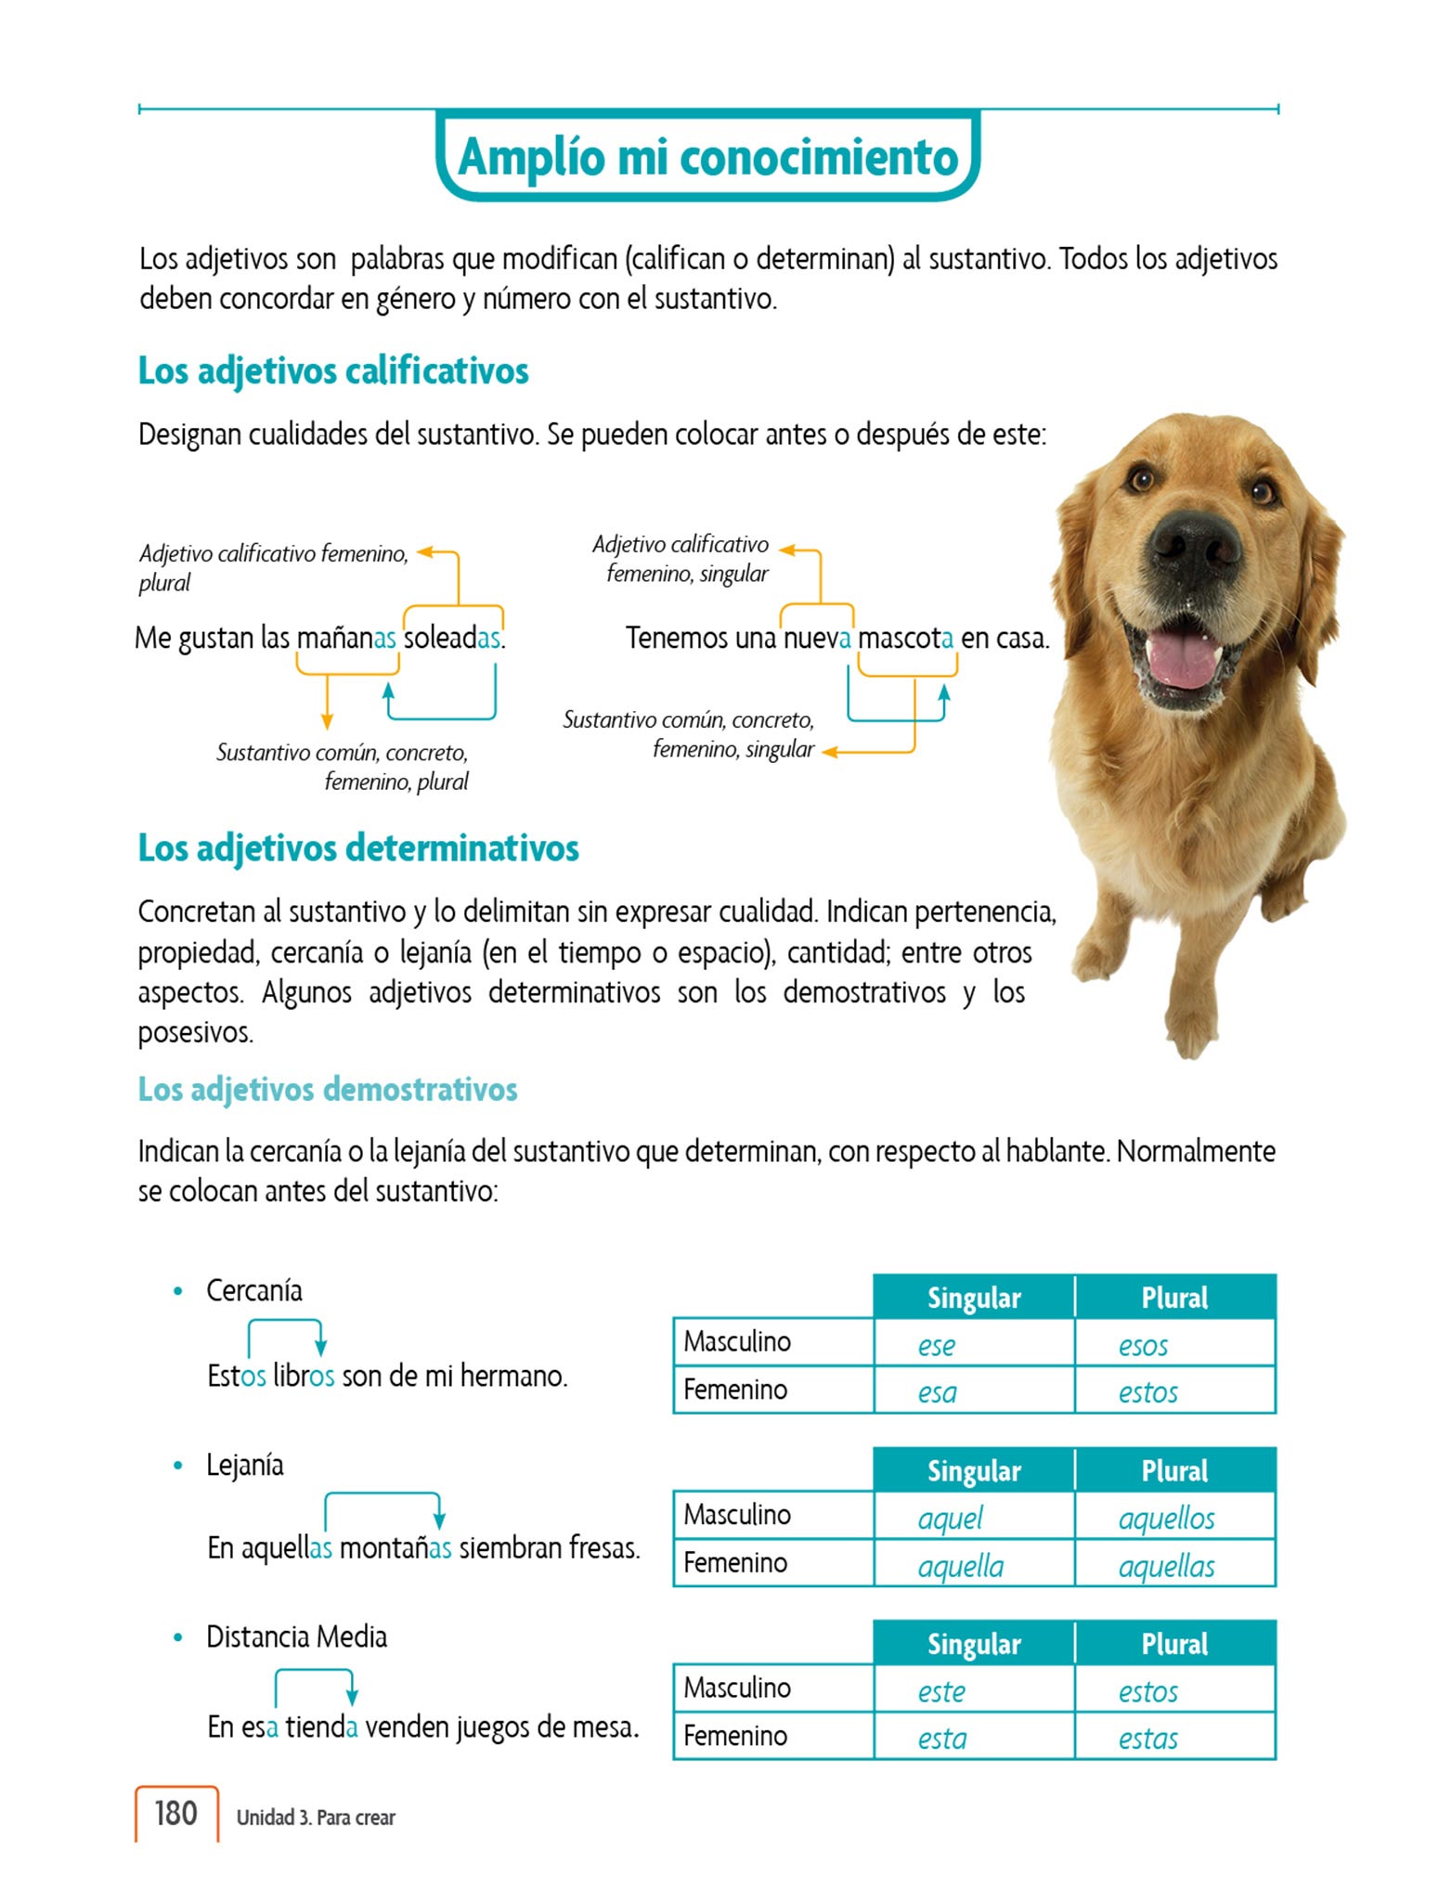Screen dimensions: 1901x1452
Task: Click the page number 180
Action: (x=175, y=1813)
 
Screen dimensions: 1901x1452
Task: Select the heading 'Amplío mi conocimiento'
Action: (x=707, y=156)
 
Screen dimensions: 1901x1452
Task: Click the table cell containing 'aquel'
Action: (x=973, y=1519)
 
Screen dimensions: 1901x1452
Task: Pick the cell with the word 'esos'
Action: (x=1174, y=1345)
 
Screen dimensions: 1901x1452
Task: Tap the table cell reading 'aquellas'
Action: (x=1174, y=1567)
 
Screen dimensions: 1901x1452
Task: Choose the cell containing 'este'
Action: (x=973, y=1691)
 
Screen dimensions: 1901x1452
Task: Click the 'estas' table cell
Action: (x=1174, y=1739)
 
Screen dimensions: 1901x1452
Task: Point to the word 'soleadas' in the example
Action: (x=453, y=639)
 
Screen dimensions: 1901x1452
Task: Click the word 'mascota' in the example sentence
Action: (x=905, y=639)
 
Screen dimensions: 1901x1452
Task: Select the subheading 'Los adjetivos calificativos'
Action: (x=333, y=371)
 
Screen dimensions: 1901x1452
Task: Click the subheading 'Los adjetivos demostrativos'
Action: (x=328, y=1089)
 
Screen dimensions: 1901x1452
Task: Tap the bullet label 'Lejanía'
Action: (x=245, y=1465)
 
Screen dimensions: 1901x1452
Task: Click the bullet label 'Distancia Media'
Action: (x=296, y=1636)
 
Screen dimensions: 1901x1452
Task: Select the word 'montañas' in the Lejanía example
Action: (x=395, y=1548)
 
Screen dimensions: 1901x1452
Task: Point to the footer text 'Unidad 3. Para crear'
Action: (x=316, y=1817)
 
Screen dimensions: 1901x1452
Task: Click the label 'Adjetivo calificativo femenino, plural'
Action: (x=273, y=567)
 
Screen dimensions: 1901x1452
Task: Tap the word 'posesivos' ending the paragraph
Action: (x=194, y=1032)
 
